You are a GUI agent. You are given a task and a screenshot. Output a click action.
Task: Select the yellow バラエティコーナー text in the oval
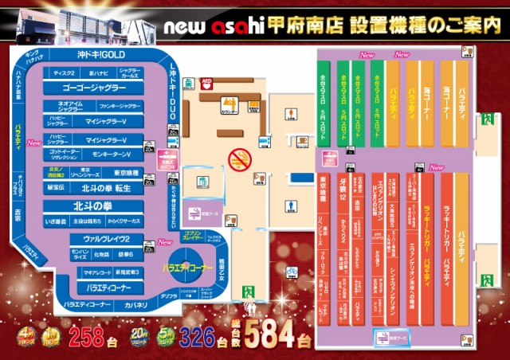(187, 265)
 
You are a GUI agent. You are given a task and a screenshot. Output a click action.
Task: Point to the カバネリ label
(135, 304)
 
